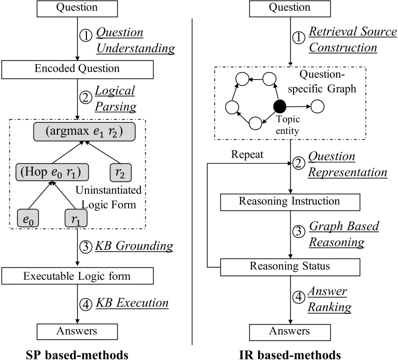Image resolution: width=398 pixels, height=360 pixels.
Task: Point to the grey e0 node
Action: tap(28, 217)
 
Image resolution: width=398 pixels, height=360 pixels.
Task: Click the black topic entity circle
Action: tap(280, 105)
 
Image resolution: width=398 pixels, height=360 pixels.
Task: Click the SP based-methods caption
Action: tap(78, 353)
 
